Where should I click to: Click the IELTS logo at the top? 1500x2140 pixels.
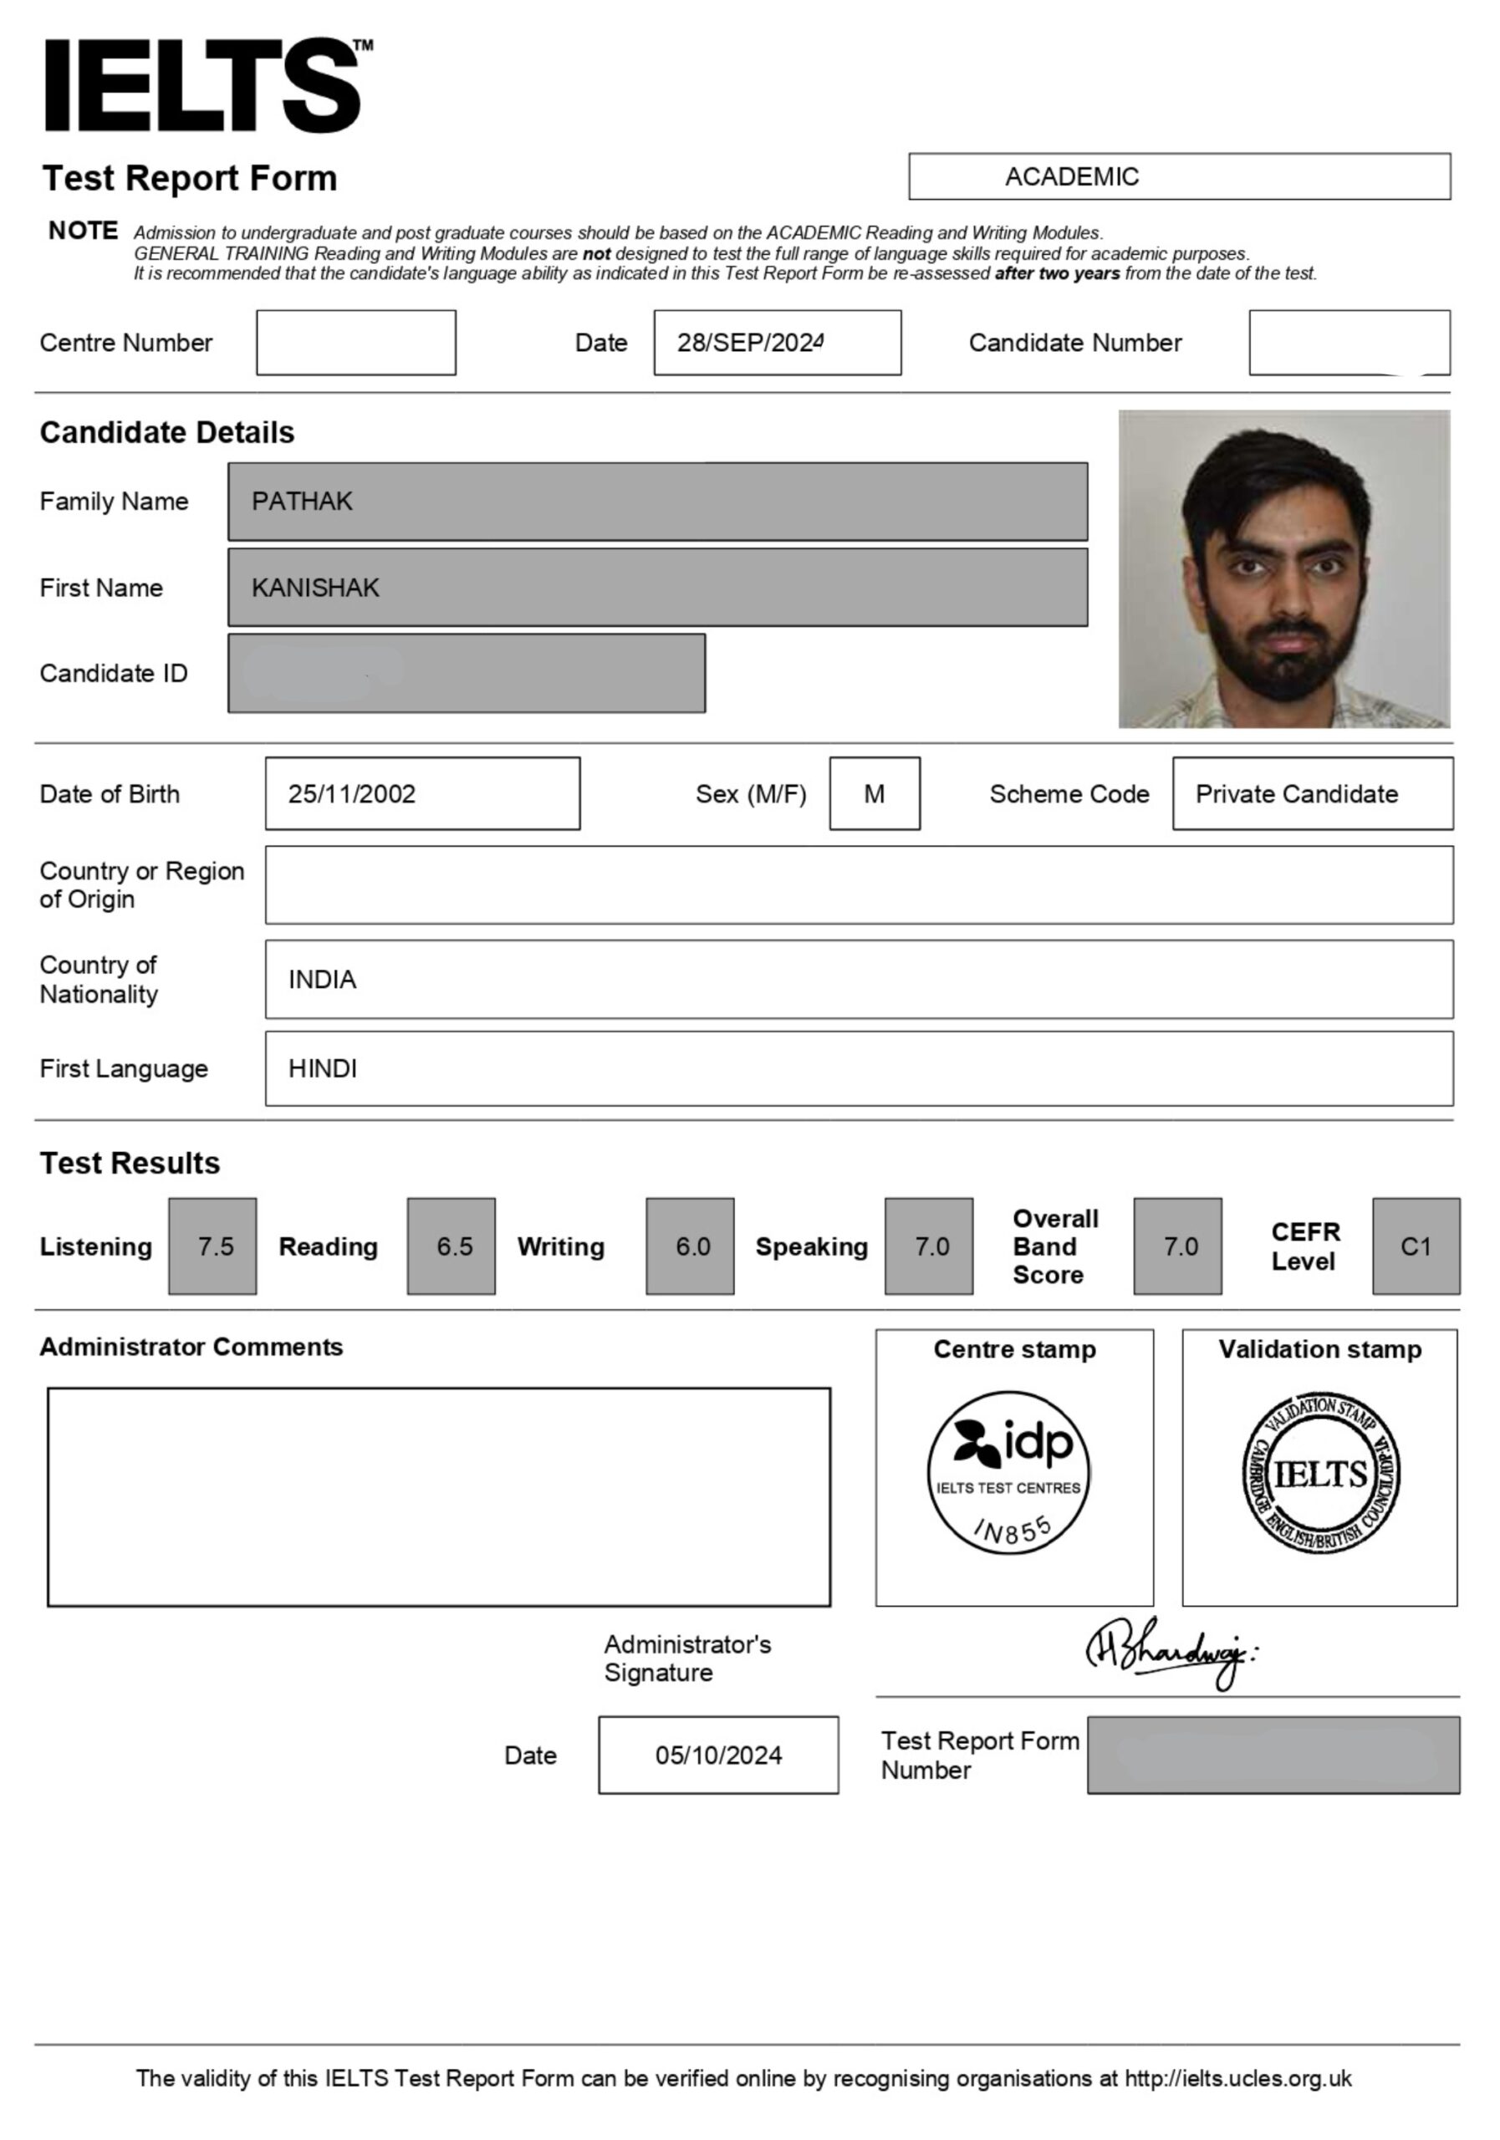pyautogui.click(x=207, y=86)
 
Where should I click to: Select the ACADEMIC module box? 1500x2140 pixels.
pyautogui.click(x=1178, y=177)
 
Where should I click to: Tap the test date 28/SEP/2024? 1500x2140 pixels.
pyautogui.click(x=751, y=343)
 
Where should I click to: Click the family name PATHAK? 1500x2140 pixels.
pyautogui.click(x=302, y=502)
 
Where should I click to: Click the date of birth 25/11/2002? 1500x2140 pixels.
pyautogui.click(x=351, y=794)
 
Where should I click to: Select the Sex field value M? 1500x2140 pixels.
pyautogui.click(x=874, y=794)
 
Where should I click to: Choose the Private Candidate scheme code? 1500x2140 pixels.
pyautogui.click(x=1296, y=794)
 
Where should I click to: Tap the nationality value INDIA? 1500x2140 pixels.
pyautogui.click(x=322, y=980)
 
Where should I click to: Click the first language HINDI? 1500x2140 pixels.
pyautogui.click(x=322, y=1068)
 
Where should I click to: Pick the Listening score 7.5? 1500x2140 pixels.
pyautogui.click(x=213, y=1246)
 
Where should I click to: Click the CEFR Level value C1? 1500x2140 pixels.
pyautogui.click(x=1416, y=1246)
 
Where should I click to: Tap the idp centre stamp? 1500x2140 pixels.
pyautogui.click(x=1008, y=1472)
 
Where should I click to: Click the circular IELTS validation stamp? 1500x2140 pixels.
pyautogui.click(x=1320, y=1473)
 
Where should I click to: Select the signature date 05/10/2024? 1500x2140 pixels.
pyautogui.click(x=718, y=1755)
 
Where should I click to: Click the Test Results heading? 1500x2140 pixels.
pyautogui.click(x=130, y=1163)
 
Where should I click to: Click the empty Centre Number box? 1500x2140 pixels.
pyautogui.click(x=356, y=343)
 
